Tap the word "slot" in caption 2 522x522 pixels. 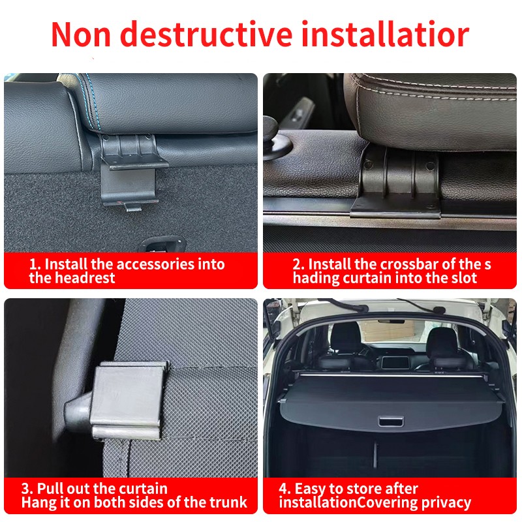pyautogui.click(x=462, y=278)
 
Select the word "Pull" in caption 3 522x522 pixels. pyautogui.click(x=51, y=489)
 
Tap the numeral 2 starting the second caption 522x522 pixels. pyautogui.click(x=297, y=264)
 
